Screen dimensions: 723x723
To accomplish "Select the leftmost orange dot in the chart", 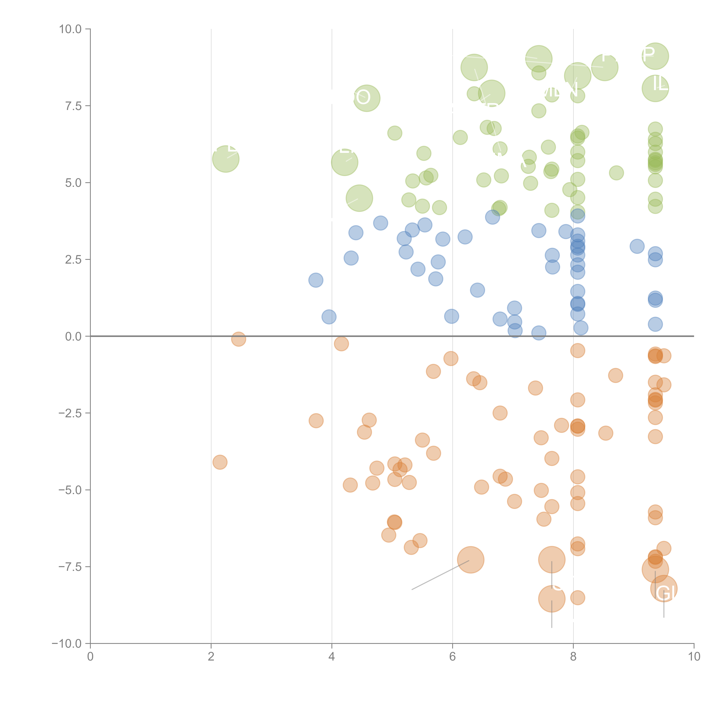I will [x=220, y=462].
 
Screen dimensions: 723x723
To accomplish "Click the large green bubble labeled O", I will [x=367, y=98].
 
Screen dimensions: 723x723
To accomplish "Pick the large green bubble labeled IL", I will [x=655, y=88].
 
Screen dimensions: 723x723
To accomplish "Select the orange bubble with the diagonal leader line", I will [x=471, y=560].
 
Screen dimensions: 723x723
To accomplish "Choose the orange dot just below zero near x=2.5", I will [x=238, y=339].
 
